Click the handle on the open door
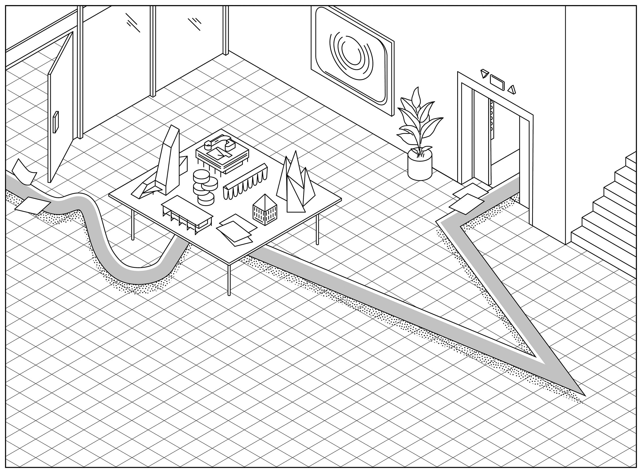click(x=56, y=122)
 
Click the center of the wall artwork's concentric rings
click(x=350, y=55)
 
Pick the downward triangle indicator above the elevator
click(x=485, y=73)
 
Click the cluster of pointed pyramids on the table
click(x=295, y=183)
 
